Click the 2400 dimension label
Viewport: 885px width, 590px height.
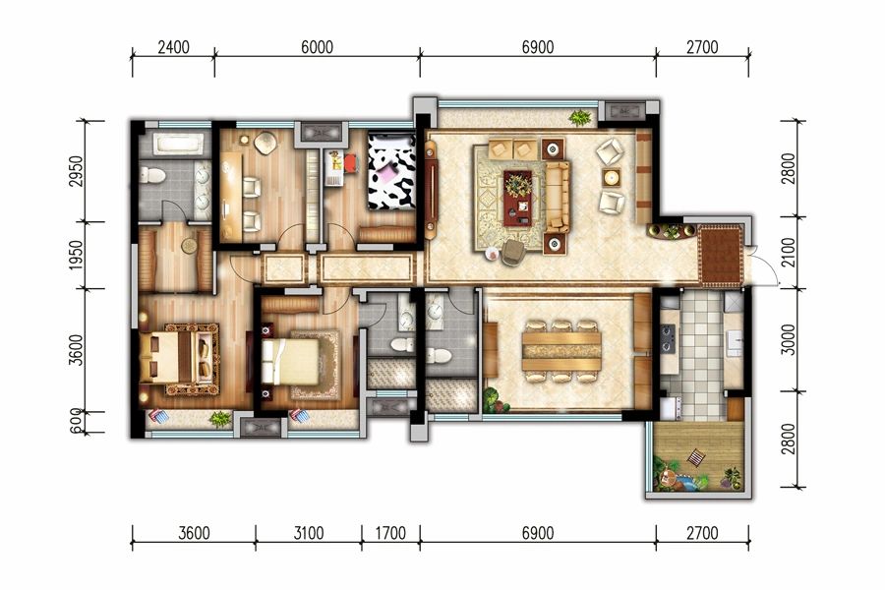(173, 47)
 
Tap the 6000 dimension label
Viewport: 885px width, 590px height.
(317, 47)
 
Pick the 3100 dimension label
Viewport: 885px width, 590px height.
(308, 532)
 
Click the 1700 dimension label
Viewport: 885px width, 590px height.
(390, 532)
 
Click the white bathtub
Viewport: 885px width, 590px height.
(178, 144)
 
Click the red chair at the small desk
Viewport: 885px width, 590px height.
(350, 163)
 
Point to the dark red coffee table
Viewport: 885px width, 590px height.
(517, 198)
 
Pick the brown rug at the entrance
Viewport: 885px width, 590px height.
(721, 256)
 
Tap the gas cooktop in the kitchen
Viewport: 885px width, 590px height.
(669, 337)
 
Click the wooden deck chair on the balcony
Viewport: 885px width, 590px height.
(695, 456)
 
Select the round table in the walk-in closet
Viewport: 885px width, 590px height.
(190, 246)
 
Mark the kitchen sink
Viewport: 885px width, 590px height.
(735, 342)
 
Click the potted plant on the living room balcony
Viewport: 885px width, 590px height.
(579, 118)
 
